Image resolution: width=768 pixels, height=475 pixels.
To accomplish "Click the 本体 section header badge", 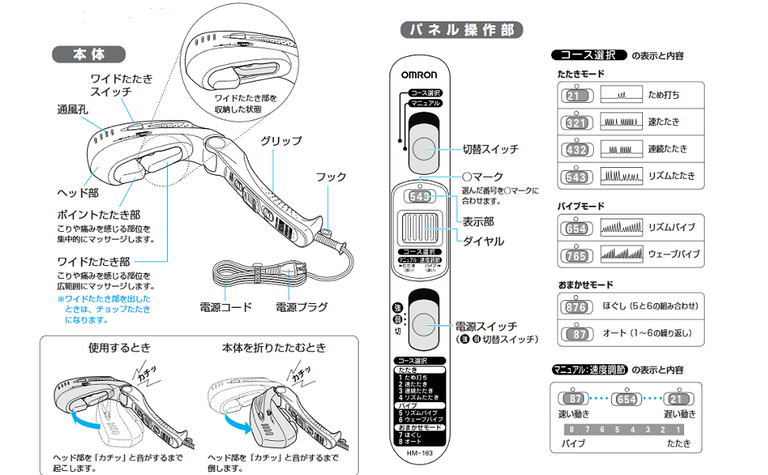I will point(89,55).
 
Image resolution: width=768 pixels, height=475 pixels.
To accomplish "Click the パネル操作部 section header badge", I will point(461,31).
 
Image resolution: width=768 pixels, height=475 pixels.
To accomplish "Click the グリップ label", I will point(281,141).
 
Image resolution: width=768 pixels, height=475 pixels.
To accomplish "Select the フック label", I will point(331,177).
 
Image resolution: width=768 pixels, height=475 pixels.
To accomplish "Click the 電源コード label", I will point(226,307).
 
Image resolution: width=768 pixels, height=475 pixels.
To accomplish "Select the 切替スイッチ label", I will point(490,149).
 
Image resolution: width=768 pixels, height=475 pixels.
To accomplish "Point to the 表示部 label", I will point(477,222).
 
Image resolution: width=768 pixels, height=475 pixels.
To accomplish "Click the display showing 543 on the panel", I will point(420,196).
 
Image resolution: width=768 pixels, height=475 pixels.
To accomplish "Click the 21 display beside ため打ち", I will point(576,96).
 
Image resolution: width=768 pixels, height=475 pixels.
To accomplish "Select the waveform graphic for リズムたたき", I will point(621,176).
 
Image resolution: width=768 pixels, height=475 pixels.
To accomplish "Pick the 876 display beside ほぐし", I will point(576,306).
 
